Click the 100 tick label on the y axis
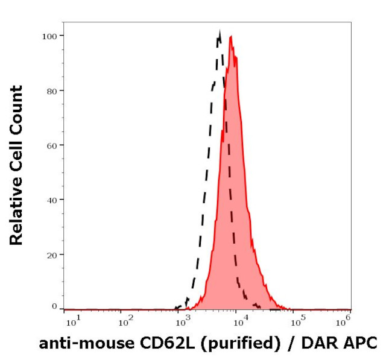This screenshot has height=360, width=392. point(49,36)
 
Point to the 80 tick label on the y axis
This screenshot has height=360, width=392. point(52,91)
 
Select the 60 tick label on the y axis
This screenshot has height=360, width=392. point(52,145)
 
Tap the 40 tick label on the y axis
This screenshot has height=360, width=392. point(52,200)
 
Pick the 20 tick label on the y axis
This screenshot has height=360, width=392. point(52,254)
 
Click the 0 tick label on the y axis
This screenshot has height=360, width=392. point(54,306)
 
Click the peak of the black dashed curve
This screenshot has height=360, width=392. point(220,33)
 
